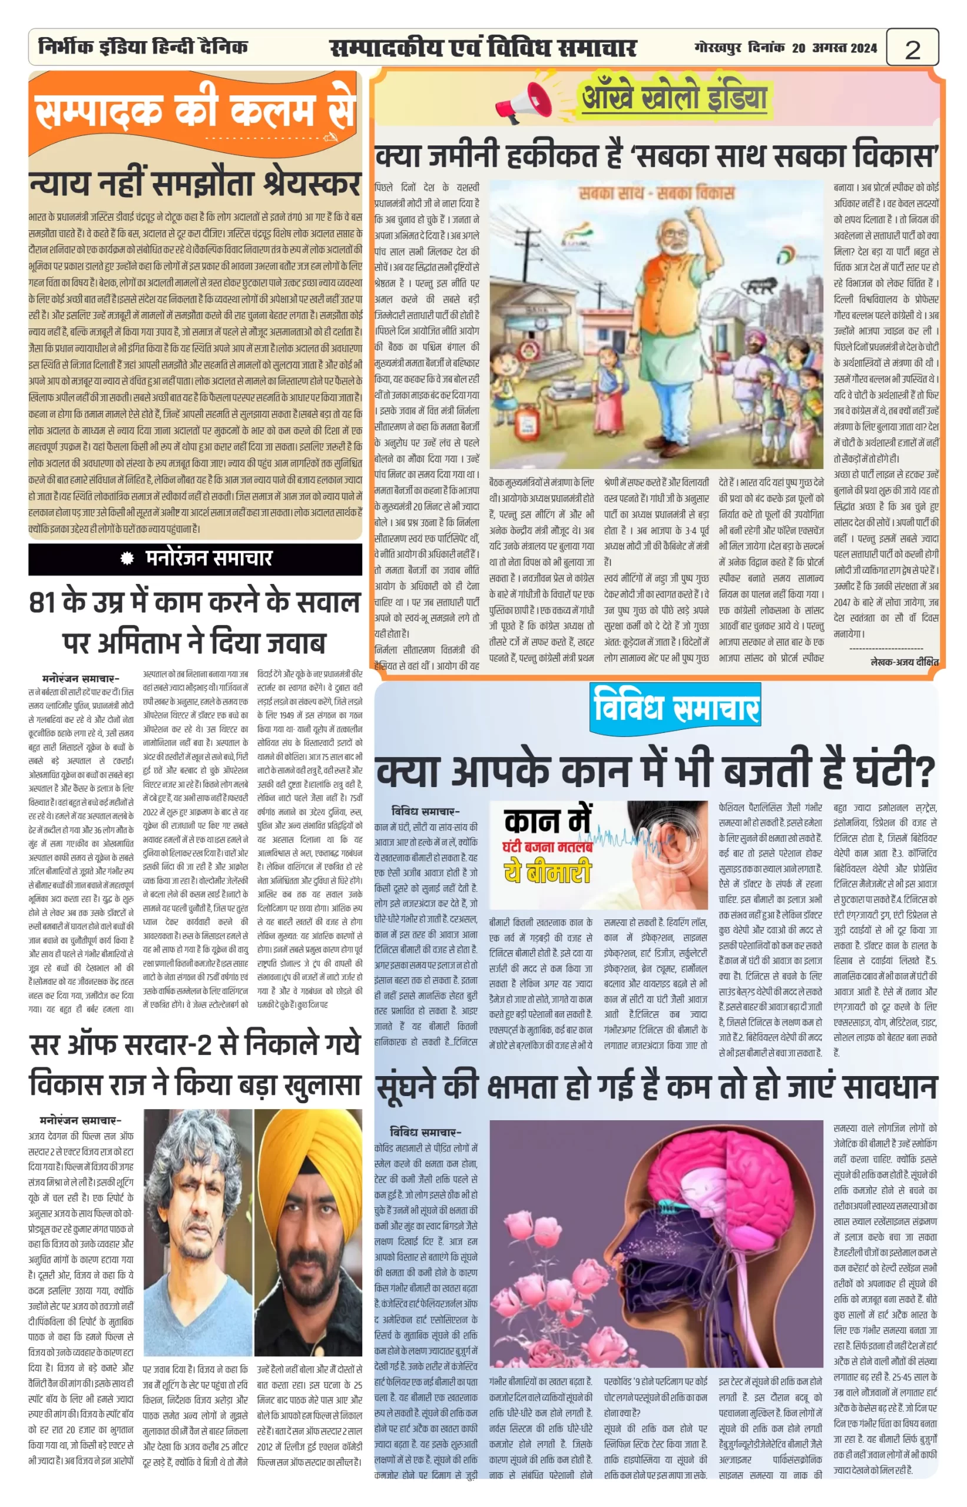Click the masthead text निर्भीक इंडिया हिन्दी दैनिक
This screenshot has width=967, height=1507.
tap(143, 47)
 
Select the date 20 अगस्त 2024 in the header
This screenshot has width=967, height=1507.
tap(834, 48)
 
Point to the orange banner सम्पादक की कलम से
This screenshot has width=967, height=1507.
tap(195, 112)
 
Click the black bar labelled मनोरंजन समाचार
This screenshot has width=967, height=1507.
tap(196, 559)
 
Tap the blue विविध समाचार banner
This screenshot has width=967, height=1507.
tap(675, 708)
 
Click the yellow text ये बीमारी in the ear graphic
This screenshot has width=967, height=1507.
tap(548, 872)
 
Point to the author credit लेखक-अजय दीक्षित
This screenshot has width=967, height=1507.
tap(904, 662)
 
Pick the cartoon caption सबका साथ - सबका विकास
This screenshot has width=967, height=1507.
tap(655, 192)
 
